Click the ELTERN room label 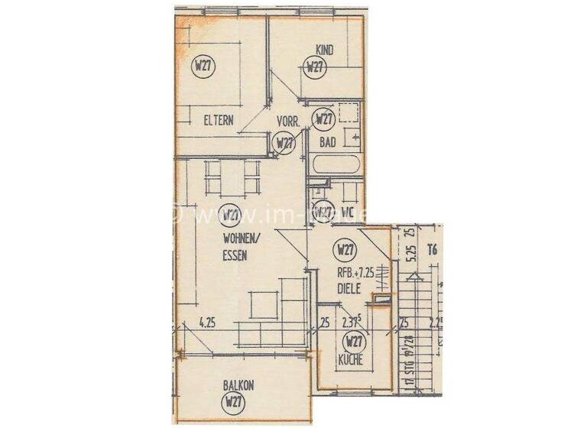click(x=218, y=119)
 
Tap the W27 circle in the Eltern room click(x=203, y=65)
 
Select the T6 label click(x=433, y=248)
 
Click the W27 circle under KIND click(x=314, y=66)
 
